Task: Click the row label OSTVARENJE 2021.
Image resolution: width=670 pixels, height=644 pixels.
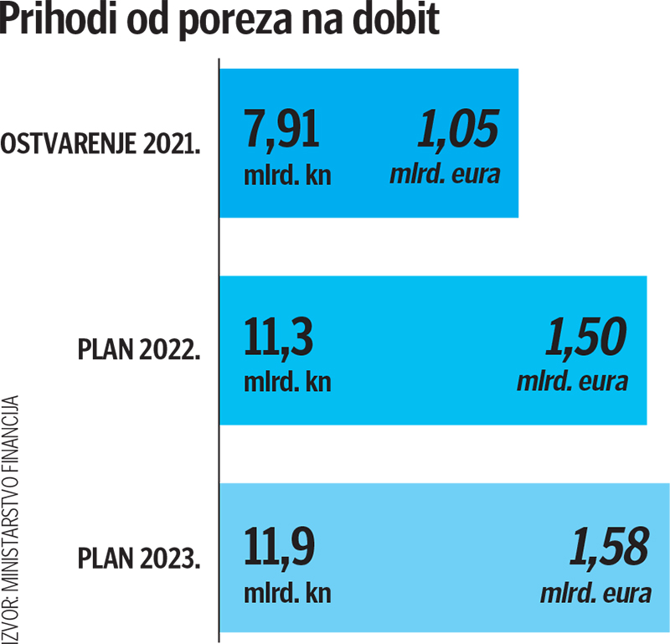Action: [101, 144]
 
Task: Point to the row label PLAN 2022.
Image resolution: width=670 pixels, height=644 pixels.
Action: [138, 349]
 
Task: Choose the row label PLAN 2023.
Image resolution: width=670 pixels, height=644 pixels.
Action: [138, 557]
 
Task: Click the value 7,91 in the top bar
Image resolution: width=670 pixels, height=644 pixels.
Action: [281, 131]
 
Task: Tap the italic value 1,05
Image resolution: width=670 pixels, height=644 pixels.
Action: [457, 131]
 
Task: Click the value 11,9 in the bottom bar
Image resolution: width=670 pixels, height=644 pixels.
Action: [281, 547]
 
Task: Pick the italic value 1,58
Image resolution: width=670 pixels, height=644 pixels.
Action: [608, 547]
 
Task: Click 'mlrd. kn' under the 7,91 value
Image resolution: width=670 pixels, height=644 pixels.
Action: [287, 175]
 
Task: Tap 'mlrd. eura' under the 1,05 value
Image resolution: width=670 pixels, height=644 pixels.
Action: [445, 175]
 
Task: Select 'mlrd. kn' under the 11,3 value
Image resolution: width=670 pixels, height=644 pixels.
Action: [287, 383]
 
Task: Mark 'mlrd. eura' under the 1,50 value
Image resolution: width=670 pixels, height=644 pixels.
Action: [572, 383]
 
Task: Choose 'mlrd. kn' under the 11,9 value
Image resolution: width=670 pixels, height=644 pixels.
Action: [287, 592]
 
